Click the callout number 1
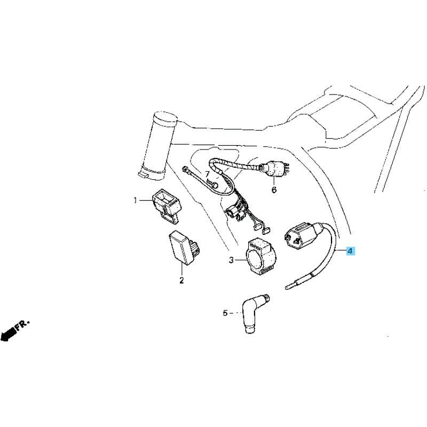coord(136,201)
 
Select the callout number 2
coord(181,280)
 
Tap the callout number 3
coord(231,260)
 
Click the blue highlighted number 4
coord(350,250)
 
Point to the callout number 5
coord(225,313)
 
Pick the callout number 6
coord(274,189)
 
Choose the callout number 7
coord(207,175)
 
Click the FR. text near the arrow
coord(22,326)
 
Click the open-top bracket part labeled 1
coord(165,207)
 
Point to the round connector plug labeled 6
coord(274,169)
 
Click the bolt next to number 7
coord(212,183)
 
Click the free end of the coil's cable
coord(287,287)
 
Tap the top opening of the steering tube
coord(165,116)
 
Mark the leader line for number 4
coord(340,250)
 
